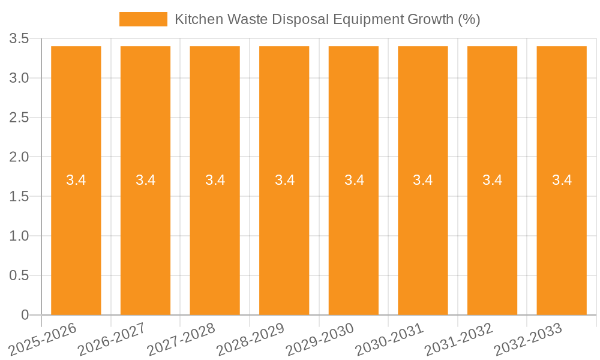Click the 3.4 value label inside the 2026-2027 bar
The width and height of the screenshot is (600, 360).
(x=145, y=180)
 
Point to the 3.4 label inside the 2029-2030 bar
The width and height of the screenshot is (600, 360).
(x=354, y=180)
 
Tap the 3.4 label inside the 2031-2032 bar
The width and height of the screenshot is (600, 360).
(x=493, y=180)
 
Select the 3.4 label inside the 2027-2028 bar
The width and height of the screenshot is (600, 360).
(x=215, y=180)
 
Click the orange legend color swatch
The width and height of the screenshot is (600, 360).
(x=143, y=19)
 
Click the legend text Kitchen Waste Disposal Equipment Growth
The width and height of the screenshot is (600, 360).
(x=327, y=19)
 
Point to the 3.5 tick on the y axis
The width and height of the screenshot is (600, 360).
(x=19, y=39)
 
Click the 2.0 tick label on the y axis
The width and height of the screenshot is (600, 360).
(x=19, y=157)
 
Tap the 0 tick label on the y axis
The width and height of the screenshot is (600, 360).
(x=25, y=315)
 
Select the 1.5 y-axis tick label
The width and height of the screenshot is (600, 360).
(x=19, y=197)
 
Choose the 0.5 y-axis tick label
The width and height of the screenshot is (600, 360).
(x=19, y=275)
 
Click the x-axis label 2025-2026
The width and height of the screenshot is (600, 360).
(x=44, y=338)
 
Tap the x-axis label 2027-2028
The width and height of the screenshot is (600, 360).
(x=182, y=338)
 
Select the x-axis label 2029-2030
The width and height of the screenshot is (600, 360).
(x=321, y=338)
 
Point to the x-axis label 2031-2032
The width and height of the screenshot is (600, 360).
(x=460, y=338)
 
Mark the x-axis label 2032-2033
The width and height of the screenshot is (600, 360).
(x=529, y=338)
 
